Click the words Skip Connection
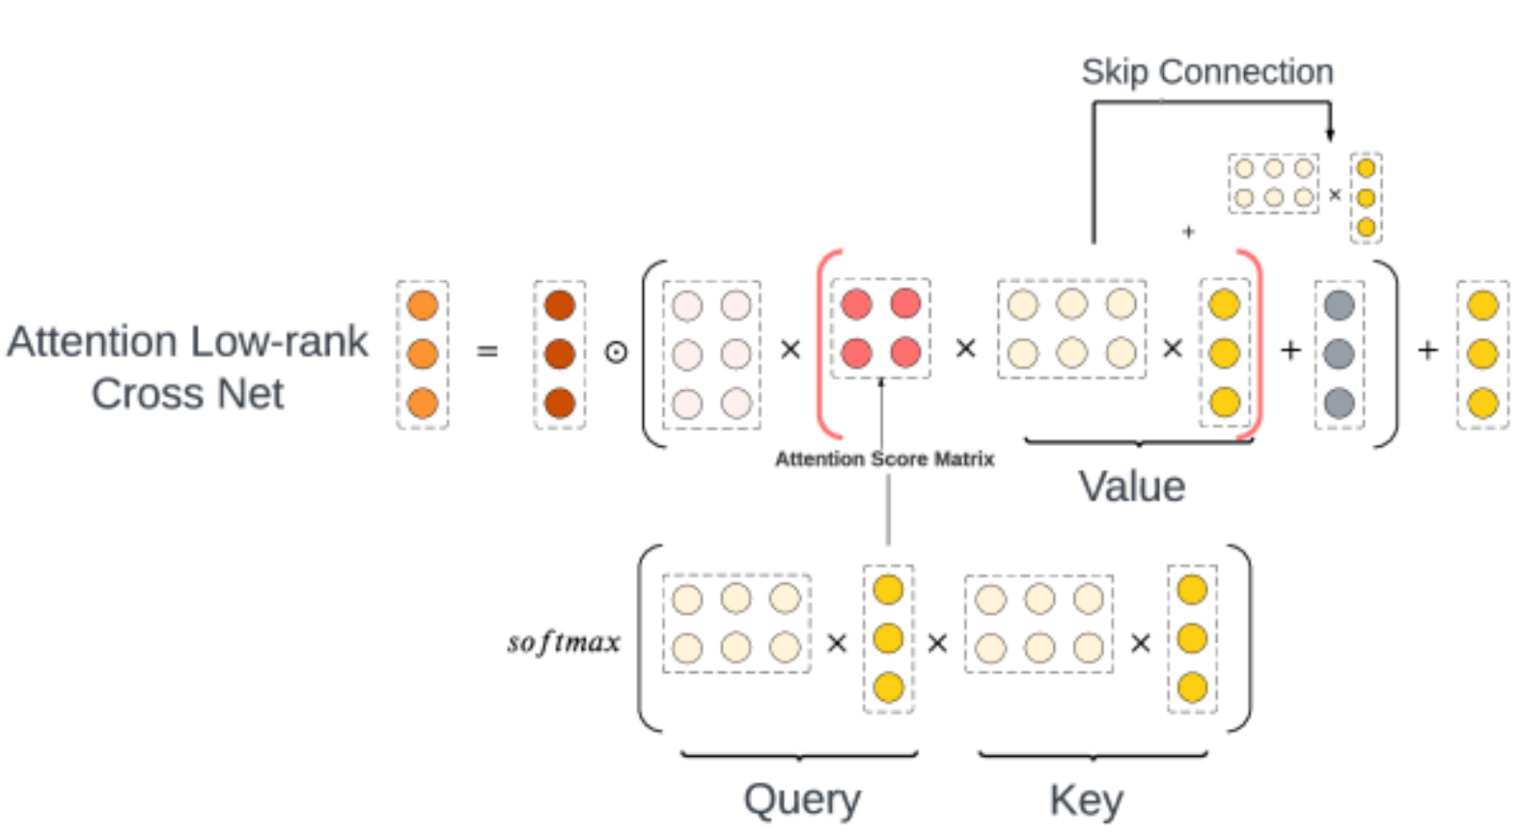click(1206, 71)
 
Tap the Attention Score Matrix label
click(884, 459)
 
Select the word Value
click(1131, 487)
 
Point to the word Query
click(801, 799)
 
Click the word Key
click(1086, 799)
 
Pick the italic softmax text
click(564, 642)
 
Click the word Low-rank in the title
click(280, 341)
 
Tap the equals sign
click(487, 351)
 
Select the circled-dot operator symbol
click(616, 352)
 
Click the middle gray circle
click(1339, 353)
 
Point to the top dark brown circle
click(560, 305)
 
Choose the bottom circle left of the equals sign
click(423, 403)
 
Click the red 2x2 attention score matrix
click(880, 328)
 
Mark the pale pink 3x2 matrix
click(711, 353)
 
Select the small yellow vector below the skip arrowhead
click(1366, 198)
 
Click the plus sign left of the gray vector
click(1290, 350)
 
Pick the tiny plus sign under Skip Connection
click(1188, 232)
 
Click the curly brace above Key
click(1093, 755)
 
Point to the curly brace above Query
click(799, 755)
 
